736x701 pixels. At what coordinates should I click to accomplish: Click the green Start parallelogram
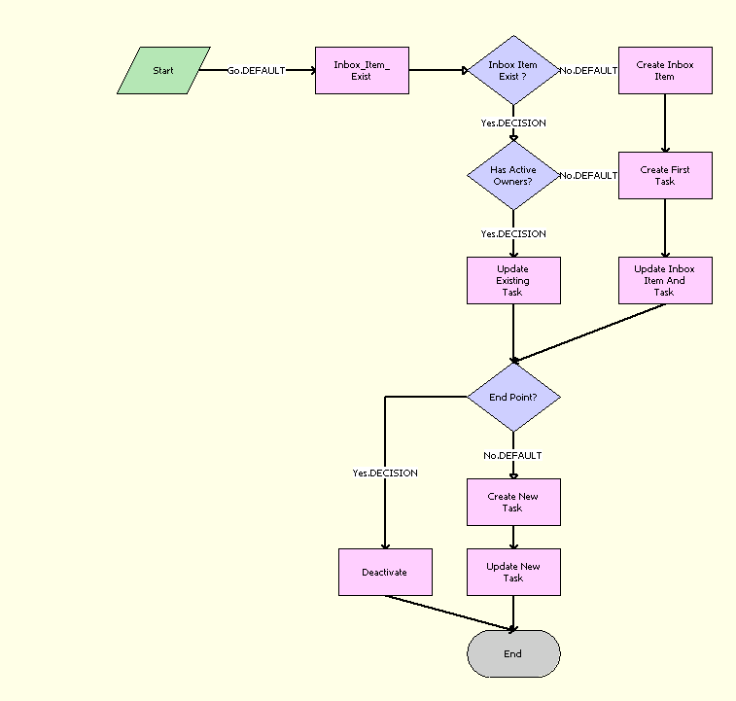tap(163, 70)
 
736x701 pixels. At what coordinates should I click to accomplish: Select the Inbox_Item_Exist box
tap(362, 70)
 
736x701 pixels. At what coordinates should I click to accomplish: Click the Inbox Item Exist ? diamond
tap(513, 70)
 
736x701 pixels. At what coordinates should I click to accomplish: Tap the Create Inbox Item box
tap(665, 70)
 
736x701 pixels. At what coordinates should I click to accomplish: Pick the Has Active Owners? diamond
tap(513, 175)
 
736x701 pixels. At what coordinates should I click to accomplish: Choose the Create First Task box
tap(665, 175)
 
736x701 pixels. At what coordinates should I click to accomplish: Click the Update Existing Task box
tap(513, 280)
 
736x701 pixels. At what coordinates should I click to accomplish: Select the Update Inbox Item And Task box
tap(665, 280)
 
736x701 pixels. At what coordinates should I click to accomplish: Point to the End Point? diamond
tap(513, 397)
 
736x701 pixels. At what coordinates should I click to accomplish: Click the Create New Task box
tap(513, 502)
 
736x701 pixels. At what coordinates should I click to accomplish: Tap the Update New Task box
tap(513, 572)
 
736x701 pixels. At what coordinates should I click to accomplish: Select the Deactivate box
tap(385, 572)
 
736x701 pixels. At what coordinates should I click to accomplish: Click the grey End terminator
tap(513, 653)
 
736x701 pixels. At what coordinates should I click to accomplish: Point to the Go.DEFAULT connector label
tap(256, 71)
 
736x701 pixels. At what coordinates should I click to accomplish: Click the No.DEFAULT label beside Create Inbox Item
tap(588, 71)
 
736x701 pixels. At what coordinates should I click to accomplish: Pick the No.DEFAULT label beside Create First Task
tap(588, 176)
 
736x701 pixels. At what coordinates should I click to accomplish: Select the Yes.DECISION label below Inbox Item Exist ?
tap(513, 123)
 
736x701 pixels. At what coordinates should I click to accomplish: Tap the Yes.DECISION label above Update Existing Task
tap(513, 234)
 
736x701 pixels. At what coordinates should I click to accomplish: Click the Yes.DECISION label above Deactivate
tap(385, 473)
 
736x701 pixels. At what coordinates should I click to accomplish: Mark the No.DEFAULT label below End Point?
tap(513, 456)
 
